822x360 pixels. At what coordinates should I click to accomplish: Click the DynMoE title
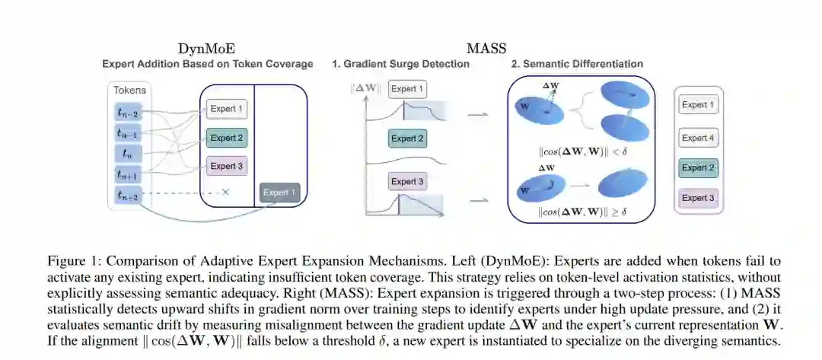[207, 49]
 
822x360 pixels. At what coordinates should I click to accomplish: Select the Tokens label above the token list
[129, 90]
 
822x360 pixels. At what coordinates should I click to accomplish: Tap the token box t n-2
[128, 113]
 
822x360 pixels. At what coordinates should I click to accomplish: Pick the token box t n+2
[128, 196]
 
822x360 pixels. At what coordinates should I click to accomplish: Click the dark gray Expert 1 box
[280, 193]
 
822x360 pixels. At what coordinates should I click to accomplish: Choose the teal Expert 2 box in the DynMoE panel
[227, 138]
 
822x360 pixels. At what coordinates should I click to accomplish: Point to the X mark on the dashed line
[225, 193]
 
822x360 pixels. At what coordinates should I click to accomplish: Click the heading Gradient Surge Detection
[400, 64]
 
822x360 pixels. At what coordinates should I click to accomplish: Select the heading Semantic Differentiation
[577, 64]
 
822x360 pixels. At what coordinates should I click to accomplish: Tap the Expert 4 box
[699, 138]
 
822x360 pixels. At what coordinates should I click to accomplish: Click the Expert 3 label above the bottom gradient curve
[407, 182]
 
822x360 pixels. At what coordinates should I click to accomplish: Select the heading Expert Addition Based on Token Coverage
[207, 64]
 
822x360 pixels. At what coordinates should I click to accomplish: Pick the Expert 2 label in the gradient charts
[407, 139]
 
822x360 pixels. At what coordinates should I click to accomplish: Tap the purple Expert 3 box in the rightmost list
[699, 199]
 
